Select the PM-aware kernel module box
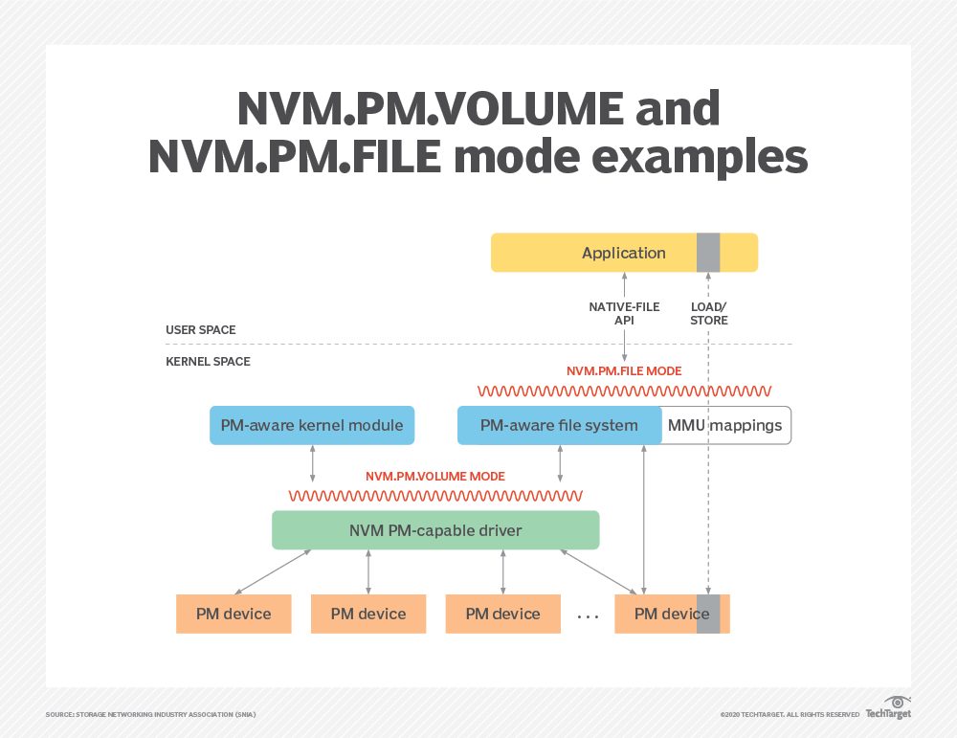point(312,425)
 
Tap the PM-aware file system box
point(559,425)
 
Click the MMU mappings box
point(725,425)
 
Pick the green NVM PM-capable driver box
point(435,529)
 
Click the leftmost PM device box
point(234,614)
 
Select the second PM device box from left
point(368,614)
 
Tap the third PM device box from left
point(503,614)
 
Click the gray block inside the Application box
point(708,253)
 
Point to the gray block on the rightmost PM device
point(708,614)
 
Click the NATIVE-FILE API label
point(624,313)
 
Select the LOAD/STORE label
point(709,313)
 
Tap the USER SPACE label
point(201,330)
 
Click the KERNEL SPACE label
point(207,362)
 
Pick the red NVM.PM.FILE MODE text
point(624,370)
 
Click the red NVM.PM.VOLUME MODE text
point(435,476)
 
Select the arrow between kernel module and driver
point(312,463)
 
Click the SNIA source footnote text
point(150,714)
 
